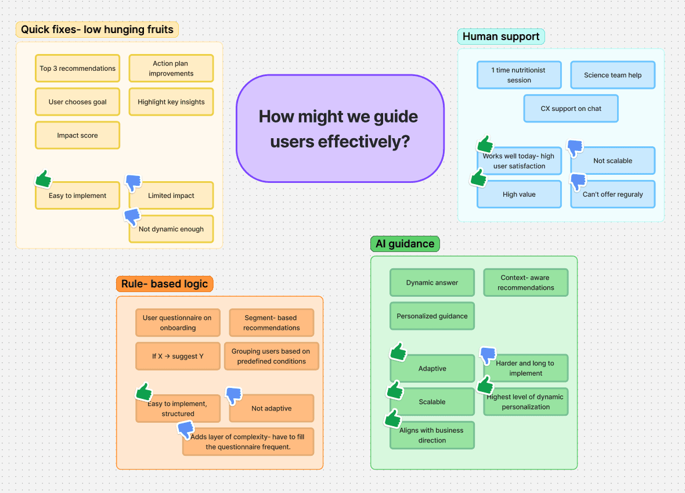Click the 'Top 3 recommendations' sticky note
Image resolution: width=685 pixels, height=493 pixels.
[x=77, y=68]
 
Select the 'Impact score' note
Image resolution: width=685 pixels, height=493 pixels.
[x=77, y=135]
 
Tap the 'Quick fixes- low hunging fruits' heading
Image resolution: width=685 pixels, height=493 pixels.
[x=97, y=29]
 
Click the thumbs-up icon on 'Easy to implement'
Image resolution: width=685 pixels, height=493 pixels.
[x=44, y=179]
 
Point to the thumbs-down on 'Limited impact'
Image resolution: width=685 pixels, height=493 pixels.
[x=134, y=183]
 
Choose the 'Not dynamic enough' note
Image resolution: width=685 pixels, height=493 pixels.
[x=171, y=229]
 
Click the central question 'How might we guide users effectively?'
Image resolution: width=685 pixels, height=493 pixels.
[x=340, y=128]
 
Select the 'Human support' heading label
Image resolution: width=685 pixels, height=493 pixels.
[x=500, y=36]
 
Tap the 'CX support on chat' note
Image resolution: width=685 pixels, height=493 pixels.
[x=571, y=109]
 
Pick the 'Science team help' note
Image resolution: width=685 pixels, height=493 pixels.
[x=612, y=75]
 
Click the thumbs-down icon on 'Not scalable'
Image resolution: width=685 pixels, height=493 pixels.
[x=575, y=147]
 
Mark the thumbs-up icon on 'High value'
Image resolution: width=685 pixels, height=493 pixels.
[x=479, y=178]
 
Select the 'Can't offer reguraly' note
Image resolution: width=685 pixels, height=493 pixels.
[x=612, y=195]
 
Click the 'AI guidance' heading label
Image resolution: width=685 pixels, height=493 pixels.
[x=405, y=244]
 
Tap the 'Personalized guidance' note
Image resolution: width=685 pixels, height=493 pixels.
[x=432, y=316]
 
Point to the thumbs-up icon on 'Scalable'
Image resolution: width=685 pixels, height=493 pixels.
[x=395, y=390]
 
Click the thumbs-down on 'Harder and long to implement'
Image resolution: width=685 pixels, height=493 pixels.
[x=488, y=355]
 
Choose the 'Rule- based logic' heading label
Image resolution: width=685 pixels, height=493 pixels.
[x=165, y=284]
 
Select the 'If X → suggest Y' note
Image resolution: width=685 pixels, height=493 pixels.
[x=178, y=356]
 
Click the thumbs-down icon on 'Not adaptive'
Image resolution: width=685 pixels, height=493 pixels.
[x=234, y=395]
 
